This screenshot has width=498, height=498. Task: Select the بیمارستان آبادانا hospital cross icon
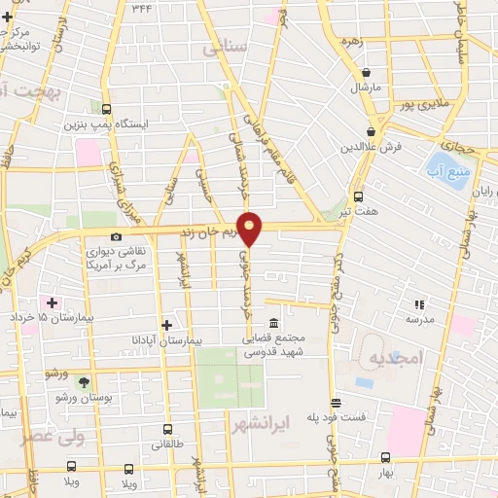pyautogui.click(x=166, y=325)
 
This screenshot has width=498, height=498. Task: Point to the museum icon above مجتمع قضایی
pyautogui.click(x=272, y=322)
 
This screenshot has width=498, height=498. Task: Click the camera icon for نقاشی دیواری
pyautogui.click(x=117, y=237)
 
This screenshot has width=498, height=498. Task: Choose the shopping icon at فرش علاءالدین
pyautogui.click(x=371, y=132)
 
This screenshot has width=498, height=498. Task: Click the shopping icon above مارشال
pyautogui.click(x=366, y=72)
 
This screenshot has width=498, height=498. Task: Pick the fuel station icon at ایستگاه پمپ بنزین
pyautogui.click(x=105, y=109)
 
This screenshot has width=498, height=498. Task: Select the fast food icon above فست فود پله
pyautogui.click(x=337, y=403)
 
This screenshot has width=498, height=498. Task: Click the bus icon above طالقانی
pyautogui.click(x=167, y=429)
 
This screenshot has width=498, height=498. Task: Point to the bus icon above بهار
pyautogui.click(x=385, y=457)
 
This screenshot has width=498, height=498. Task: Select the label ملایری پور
pyautogui.click(x=429, y=100)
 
